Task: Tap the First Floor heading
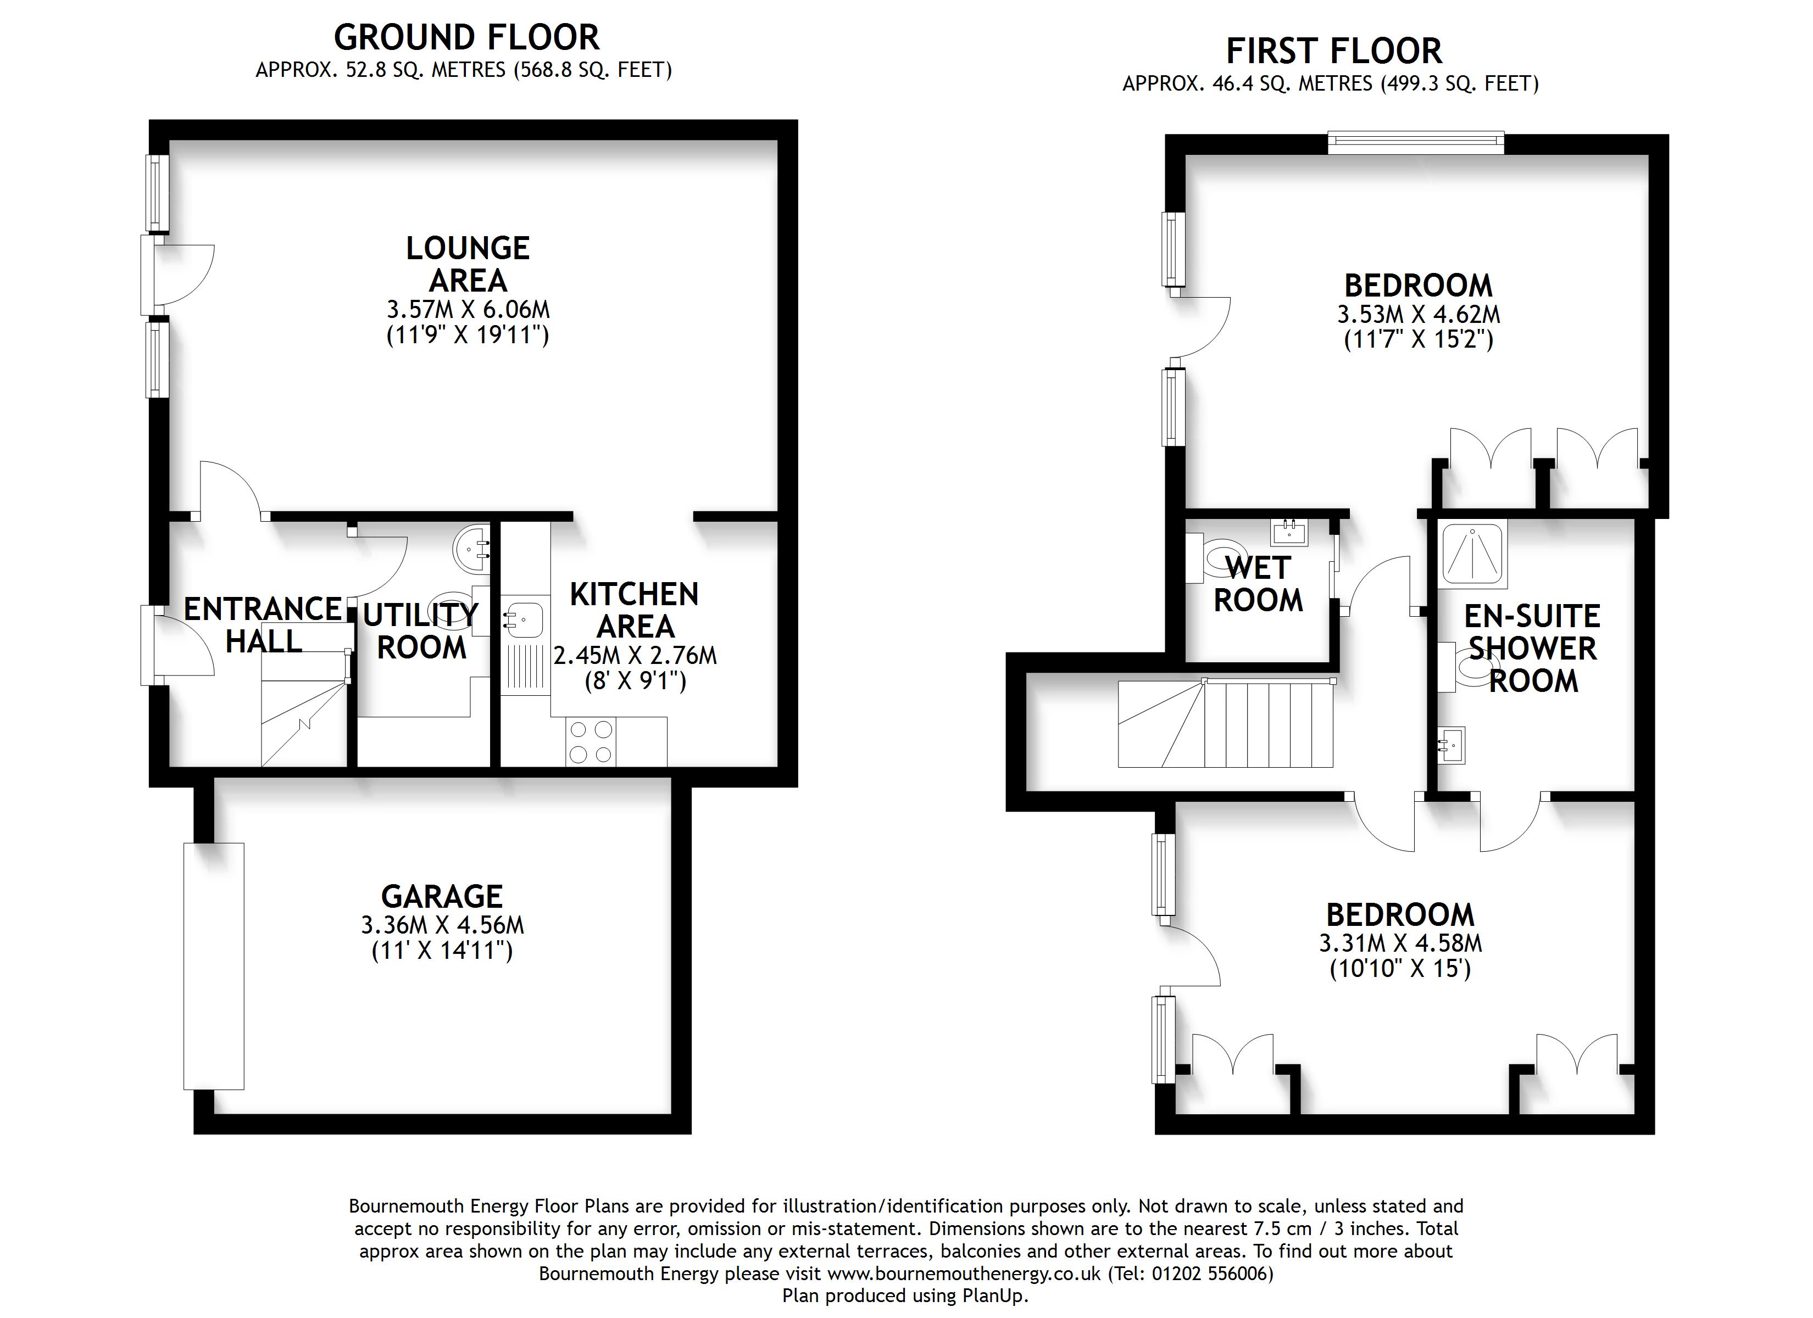point(1334,51)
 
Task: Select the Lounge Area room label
point(468,264)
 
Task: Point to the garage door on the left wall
point(213,965)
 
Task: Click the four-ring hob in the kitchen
point(590,742)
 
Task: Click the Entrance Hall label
point(264,624)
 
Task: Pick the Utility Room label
point(421,630)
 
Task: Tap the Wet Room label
point(1258,583)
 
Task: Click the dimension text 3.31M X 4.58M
point(1400,942)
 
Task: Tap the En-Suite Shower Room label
point(1532,648)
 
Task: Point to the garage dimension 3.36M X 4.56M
point(442,925)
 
